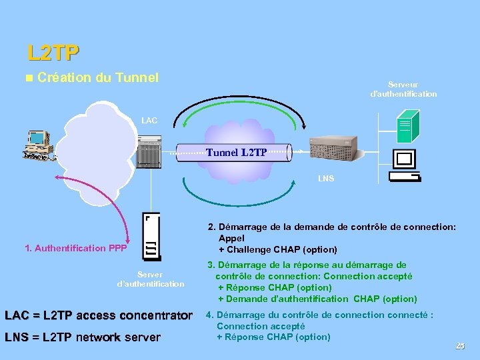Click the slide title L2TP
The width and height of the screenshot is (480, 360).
tap(53, 51)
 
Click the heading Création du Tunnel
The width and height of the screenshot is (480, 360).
tap(98, 78)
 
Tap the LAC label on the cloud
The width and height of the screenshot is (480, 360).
tap(149, 121)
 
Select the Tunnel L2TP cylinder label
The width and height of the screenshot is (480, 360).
tap(237, 153)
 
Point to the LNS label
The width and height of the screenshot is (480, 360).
tap(326, 179)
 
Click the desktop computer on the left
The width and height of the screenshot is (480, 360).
tap(39, 146)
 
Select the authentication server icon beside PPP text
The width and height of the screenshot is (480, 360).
tap(151, 237)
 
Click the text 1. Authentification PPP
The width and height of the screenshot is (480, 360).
tap(75, 249)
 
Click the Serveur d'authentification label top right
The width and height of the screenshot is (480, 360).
tap(403, 89)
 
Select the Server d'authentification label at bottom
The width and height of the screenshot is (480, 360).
tap(150, 279)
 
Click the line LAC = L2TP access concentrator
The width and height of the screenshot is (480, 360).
tap(98, 315)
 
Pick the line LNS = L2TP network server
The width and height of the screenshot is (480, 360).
tap(83, 337)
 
